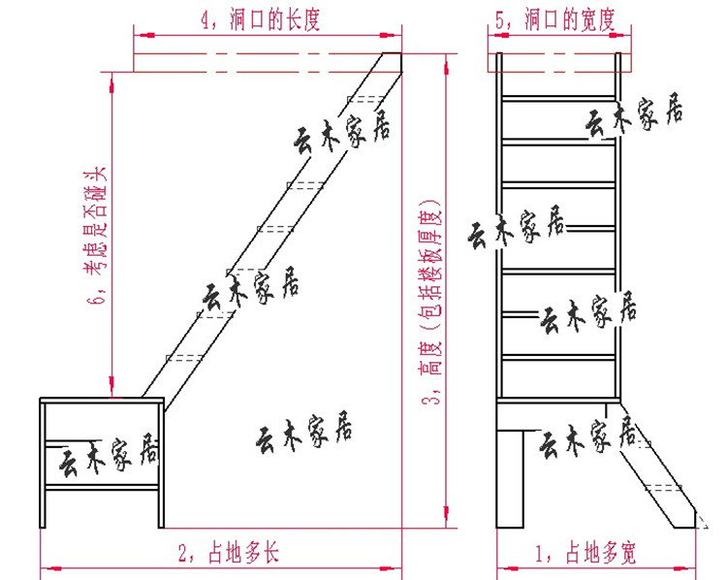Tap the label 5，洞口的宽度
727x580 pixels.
pyautogui.click(x=555, y=19)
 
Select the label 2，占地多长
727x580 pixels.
pyautogui.click(x=229, y=554)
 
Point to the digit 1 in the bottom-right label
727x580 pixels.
pyautogui.click(x=540, y=554)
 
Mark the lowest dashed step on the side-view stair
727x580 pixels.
pyautogui.click(x=183, y=358)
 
